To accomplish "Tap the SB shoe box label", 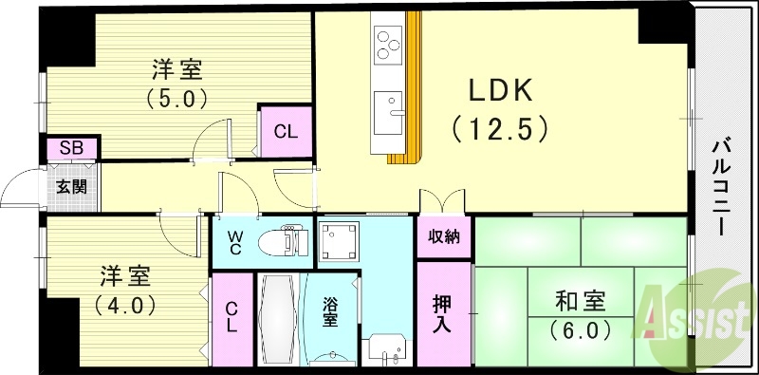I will tap(70, 148).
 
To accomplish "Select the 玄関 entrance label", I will tap(70, 185).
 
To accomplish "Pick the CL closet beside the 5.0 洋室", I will tap(286, 132).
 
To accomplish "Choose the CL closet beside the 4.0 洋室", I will tap(231, 320).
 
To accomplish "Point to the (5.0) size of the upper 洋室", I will tap(176, 97).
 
